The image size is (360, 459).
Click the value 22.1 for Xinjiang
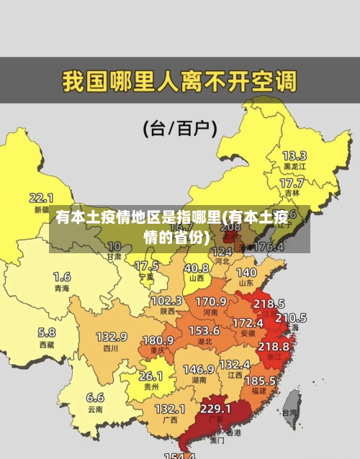point(41,197)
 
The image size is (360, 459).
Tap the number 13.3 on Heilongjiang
point(294,155)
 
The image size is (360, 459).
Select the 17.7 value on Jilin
point(292,183)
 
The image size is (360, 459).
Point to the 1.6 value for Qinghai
point(62,276)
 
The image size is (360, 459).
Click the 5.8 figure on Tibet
point(46,332)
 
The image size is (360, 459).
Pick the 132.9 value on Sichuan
point(111,337)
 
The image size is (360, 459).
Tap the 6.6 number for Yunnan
point(95,397)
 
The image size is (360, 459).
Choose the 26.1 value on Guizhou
point(150,376)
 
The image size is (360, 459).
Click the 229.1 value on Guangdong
point(215,408)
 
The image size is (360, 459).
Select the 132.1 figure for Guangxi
point(170,408)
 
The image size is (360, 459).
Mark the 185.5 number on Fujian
point(260,379)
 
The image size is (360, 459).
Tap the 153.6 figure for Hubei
point(204,330)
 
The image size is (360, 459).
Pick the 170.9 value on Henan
point(211,301)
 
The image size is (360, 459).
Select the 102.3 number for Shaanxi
point(166,300)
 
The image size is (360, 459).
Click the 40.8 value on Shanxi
point(197,267)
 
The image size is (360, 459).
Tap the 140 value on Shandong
point(246,273)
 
